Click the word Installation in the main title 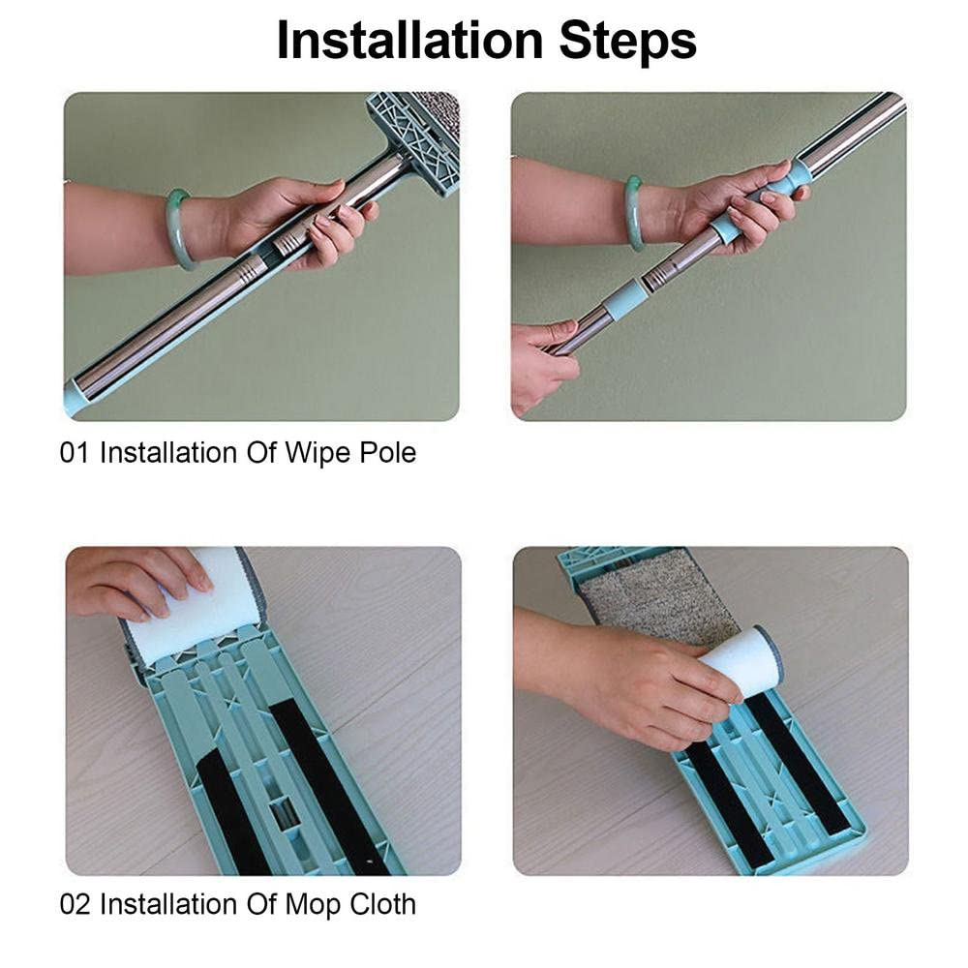pos(409,40)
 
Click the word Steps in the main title pos(628,42)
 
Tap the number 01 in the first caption pos(75,452)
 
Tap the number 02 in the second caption pos(75,904)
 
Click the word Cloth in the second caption pos(382,904)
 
